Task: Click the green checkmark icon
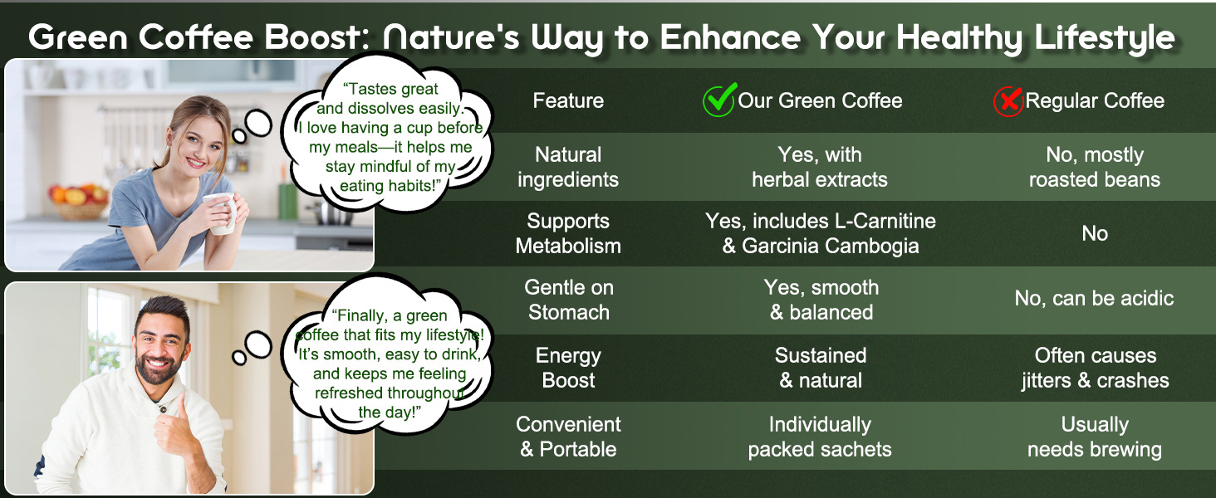click(720, 100)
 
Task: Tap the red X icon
click(1008, 101)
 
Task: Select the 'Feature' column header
click(568, 100)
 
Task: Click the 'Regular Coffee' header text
click(1095, 100)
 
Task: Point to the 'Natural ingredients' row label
click(568, 167)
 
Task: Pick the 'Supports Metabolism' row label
click(568, 233)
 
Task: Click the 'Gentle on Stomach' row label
click(568, 300)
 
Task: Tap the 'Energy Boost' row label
click(568, 368)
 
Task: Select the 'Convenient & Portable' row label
click(568, 437)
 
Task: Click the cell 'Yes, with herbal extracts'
click(820, 167)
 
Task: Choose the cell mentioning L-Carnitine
click(821, 233)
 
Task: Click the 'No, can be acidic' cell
click(1095, 298)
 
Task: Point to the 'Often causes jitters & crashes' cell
click(1095, 368)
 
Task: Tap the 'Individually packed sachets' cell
click(820, 437)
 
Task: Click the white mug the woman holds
click(222, 213)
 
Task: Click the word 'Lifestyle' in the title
click(1104, 38)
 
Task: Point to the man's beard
click(158, 368)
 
